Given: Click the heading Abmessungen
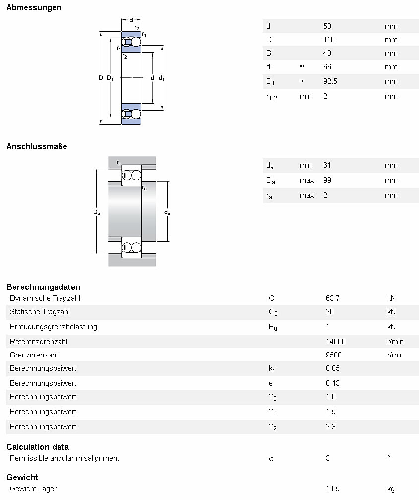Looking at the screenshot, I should click(34, 7).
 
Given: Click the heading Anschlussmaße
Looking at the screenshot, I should click(37, 146).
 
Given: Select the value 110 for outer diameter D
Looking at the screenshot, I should click(329, 40).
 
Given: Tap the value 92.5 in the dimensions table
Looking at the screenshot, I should click(330, 81).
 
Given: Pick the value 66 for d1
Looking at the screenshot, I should click(327, 67).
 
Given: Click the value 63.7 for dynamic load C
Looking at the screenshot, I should click(332, 298).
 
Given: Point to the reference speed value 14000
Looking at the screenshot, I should click(335, 342).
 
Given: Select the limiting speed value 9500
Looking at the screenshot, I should click(333, 355).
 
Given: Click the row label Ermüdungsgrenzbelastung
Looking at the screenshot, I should click(54, 327).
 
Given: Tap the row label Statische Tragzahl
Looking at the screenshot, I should click(40, 312).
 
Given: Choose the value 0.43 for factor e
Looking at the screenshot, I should click(333, 383).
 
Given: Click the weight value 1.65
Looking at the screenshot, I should click(333, 489).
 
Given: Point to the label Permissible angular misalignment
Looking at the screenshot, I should click(64, 458).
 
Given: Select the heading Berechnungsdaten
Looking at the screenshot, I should click(43, 287).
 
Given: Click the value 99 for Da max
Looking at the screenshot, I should click(327, 180).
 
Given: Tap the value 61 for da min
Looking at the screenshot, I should click(327, 165).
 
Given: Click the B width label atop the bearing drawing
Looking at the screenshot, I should click(131, 20).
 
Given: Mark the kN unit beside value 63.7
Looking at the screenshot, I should click(391, 298).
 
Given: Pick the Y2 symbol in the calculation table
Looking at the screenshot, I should click(272, 427).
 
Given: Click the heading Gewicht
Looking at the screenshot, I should click(22, 477).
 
